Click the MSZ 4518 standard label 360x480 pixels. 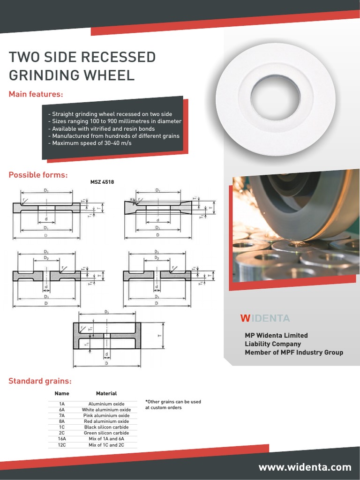click(102, 182)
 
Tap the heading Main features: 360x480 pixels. click(36, 95)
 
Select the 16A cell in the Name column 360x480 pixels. click(62, 439)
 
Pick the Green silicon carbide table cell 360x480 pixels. click(106, 433)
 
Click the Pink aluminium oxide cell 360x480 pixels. click(106, 415)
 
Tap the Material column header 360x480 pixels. click(106, 394)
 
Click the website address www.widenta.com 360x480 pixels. click(305, 467)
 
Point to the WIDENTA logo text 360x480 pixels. click(265, 319)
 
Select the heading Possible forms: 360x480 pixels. click(38, 175)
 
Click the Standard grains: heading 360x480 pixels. click(40, 381)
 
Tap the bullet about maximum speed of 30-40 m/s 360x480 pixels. click(90, 143)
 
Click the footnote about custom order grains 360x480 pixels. click(173, 405)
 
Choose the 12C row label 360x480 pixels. click(62, 445)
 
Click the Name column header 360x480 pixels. click(62, 394)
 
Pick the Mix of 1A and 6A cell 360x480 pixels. click(106, 439)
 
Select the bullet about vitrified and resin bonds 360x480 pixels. click(101, 128)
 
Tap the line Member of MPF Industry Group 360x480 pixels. click(294, 352)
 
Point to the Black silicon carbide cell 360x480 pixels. click(106, 427)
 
